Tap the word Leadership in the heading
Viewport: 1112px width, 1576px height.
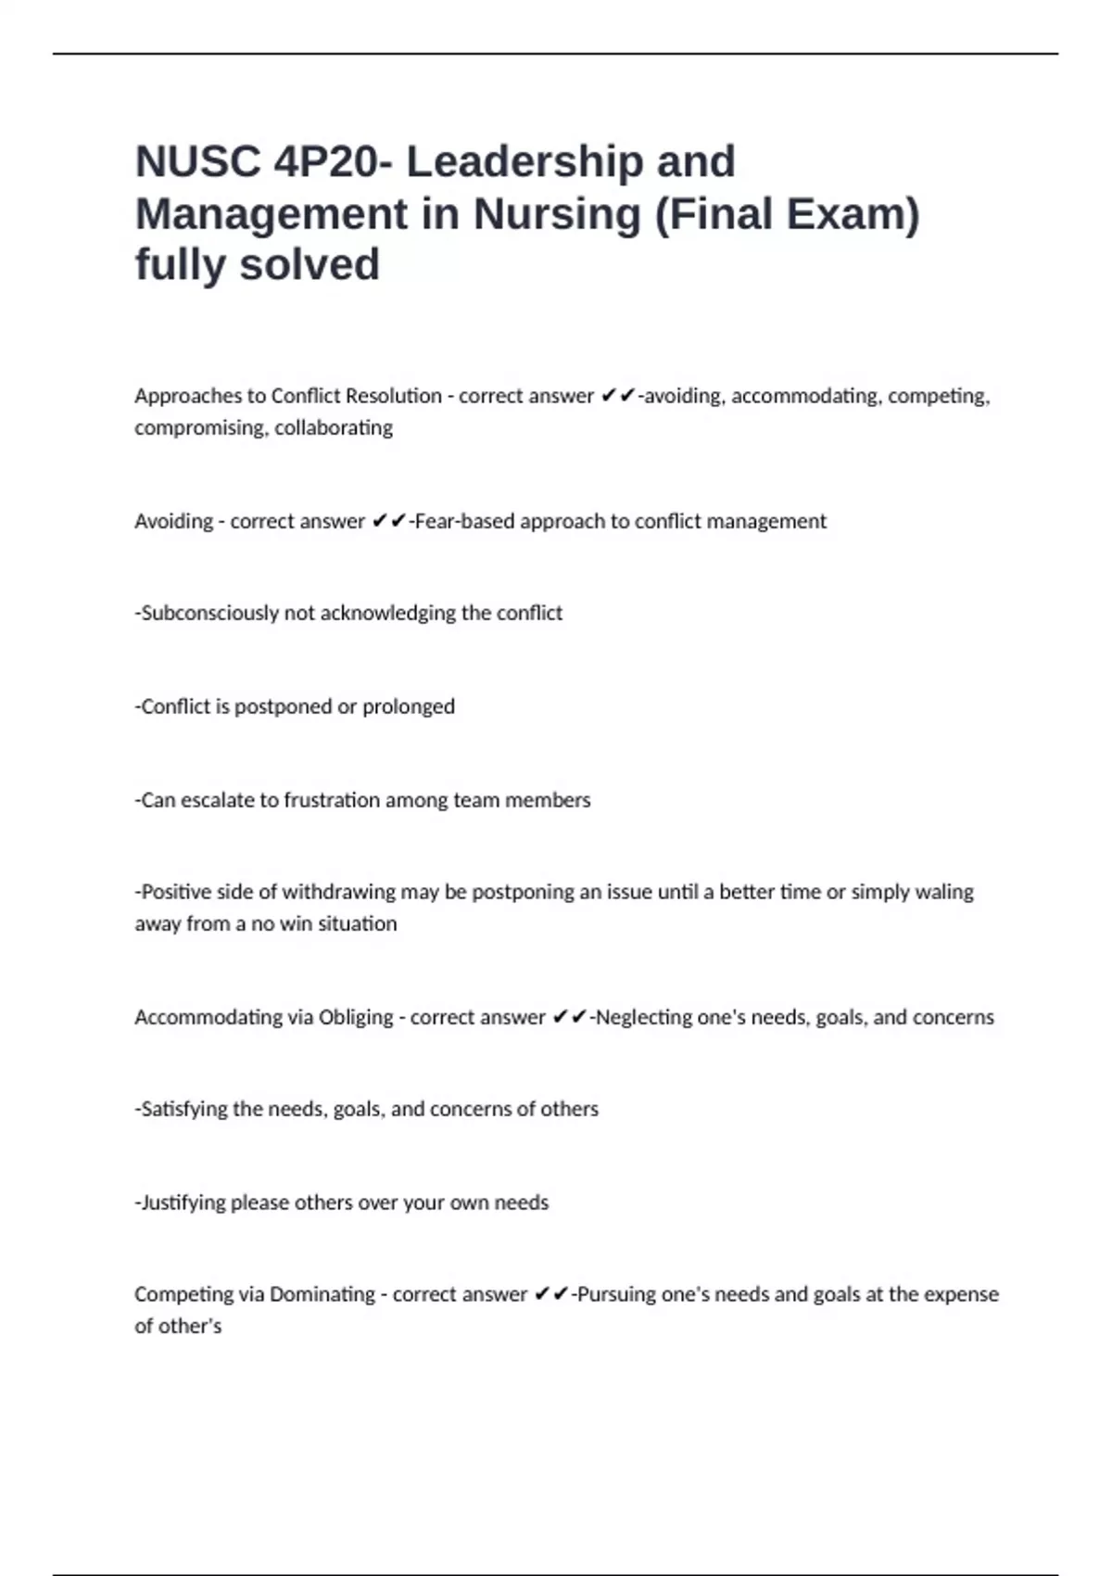pyautogui.click(x=524, y=161)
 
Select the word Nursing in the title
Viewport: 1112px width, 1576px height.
pyautogui.click(x=557, y=213)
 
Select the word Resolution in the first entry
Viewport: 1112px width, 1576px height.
pyautogui.click(x=393, y=396)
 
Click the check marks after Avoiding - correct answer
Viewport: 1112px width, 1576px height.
pyautogui.click(x=388, y=521)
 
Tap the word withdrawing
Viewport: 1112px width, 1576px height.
pyautogui.click(x=338, y=892)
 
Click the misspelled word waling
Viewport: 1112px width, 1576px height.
pyautogui.click(x=944, y=892)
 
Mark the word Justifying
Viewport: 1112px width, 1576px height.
pyautogui.click(x=183, y=1202)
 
